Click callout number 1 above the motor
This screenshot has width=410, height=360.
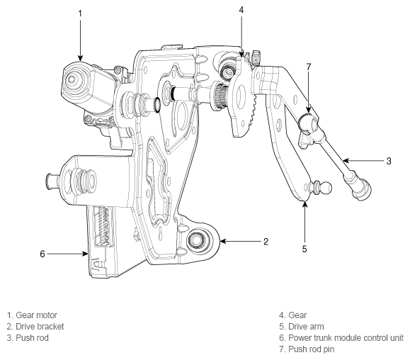coord(80,13)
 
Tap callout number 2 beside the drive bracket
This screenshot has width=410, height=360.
coord(266,242)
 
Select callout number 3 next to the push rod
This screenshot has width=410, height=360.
coord(389,161)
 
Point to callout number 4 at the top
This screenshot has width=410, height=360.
coord(241,10)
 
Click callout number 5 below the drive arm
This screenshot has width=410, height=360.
coord(305,248)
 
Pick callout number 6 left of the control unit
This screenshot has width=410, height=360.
coord(42,253)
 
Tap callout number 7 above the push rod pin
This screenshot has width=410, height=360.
coord(308,67)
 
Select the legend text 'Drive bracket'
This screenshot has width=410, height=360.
coord(38,326)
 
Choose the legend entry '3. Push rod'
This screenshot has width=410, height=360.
coord(29,337)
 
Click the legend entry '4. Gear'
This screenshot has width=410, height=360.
coord(293,315)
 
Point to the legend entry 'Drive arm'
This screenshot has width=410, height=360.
coord(305,326)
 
